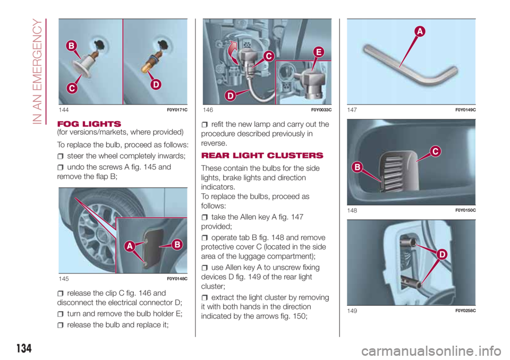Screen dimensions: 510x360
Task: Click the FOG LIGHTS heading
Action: tap(89, 124)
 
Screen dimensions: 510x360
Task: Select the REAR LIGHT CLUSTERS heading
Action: tap(262, 156)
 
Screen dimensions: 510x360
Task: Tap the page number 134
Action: tap(24, 348)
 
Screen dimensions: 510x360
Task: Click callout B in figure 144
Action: tap(72, 46)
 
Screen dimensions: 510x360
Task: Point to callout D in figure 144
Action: tap(156, 84)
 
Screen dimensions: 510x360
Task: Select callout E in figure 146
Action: tap(319, 52)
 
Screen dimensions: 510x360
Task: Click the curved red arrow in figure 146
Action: tap(233, 52)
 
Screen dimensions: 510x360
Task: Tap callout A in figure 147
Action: tap(420, 31)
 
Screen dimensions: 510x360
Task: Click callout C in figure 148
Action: tap(435, 151)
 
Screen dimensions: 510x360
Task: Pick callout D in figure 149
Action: tap(442, 254)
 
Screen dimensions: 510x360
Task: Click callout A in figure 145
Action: tap(130, 246)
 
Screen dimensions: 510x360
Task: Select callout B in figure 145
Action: tap(177, 245)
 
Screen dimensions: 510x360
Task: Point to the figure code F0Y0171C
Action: tap(177, 110)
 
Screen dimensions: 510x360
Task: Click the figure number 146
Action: tap(208, 110)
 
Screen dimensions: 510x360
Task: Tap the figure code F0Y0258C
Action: tap(465, 311)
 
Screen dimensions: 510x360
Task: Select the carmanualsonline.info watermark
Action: tap(431, 351)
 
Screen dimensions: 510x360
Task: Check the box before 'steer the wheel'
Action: tap(60, 157)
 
